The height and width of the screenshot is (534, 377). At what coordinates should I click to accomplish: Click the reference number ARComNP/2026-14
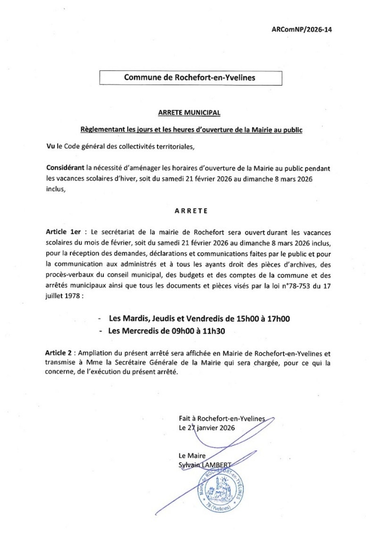click(x=302, y=29)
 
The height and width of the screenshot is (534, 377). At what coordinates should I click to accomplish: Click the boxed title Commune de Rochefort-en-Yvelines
click(x=190, y=78)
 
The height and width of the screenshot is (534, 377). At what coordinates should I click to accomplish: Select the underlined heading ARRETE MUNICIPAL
click(x=189, y=113)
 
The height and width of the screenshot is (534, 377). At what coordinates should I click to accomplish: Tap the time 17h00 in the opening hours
click(x=277, y=319)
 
